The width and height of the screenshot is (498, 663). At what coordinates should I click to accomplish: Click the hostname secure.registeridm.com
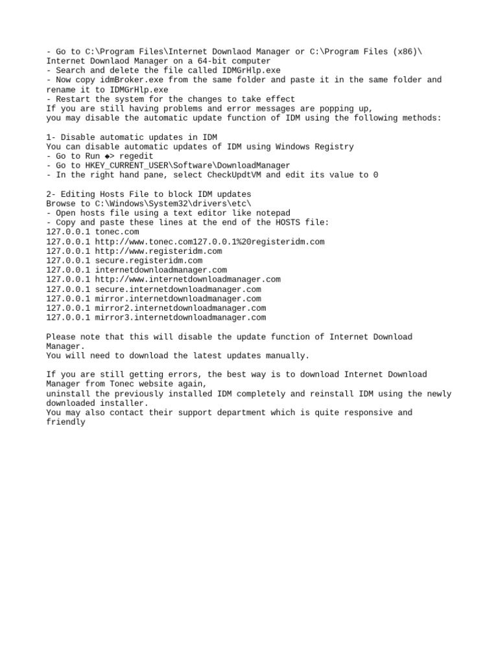pyautogui.click(x=148, y=261)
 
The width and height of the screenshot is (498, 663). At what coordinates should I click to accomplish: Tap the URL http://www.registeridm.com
pyautogui.click(x=158, y=251)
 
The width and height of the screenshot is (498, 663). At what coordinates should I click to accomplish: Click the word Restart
pyautogui.click(x=73, y=99)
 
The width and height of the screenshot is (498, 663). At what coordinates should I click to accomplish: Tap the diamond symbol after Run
pyautogui.click(x=107, y=156)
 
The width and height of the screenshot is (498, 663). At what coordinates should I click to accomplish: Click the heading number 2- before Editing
pyautogui.click(x=51, y=194)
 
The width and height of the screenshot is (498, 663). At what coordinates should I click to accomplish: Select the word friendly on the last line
pyautogui.click(x=66, y=422)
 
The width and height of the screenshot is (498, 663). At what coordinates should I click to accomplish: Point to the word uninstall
pyautogui.click(x=68, y=394)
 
